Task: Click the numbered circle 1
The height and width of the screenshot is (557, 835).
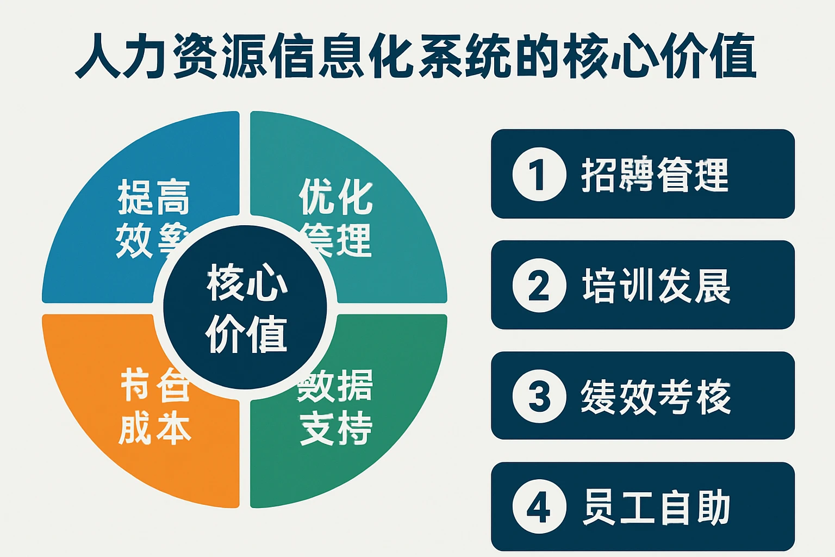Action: [539, 174]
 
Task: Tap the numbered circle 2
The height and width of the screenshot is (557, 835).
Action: [539, 285]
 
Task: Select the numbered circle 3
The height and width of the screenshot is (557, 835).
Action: [539, 395]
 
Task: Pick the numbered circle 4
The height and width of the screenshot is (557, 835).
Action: [539, 506]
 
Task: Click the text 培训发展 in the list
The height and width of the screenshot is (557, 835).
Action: [656, 286]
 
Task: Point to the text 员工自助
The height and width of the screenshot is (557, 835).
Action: [656, 507]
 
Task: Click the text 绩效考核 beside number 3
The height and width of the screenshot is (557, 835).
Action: [656, 396]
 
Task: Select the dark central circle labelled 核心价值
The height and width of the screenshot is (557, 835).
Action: [246, 308]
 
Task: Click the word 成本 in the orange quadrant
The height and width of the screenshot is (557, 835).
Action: [154, 428]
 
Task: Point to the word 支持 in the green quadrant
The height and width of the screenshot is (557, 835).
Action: [336, 428]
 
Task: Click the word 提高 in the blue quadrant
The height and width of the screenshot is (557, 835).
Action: [154, 197]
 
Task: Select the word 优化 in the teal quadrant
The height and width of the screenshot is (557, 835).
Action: [336, 196]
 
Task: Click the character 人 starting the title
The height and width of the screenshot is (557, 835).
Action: [97, 56]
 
